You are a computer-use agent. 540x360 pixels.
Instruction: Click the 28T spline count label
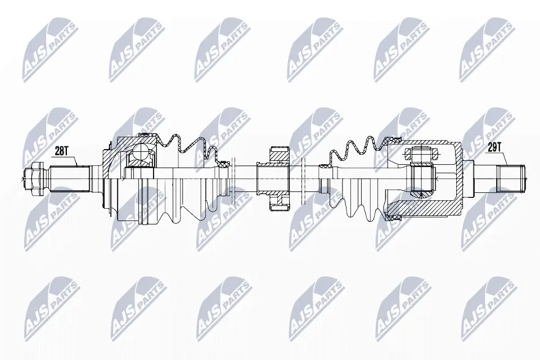click(62, 151)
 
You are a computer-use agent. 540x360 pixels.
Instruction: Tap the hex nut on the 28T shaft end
click(32, 178)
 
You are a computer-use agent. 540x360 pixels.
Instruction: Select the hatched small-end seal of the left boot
click(224, 164)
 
